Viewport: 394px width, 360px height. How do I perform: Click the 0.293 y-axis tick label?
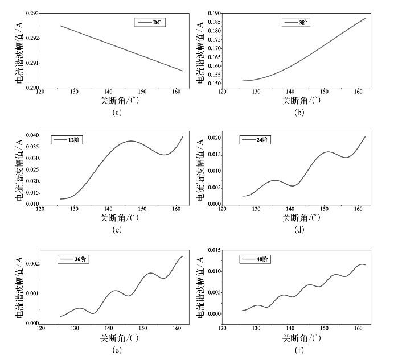(x=31, y=14)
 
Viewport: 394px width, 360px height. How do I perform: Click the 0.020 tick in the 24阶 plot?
(x=214, y=138)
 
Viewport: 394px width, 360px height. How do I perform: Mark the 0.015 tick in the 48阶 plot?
(x=214, y=251)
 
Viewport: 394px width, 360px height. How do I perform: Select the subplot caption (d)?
(x=299, y=230)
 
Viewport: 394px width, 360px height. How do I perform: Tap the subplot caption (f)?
(x=299, y=351)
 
